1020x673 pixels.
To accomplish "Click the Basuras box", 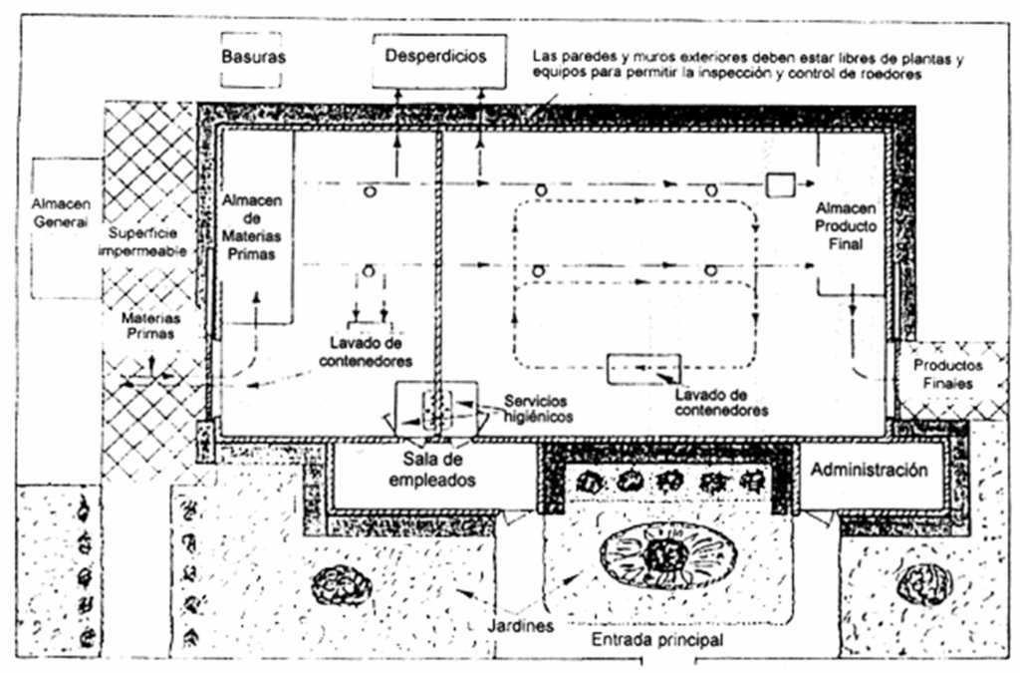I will tap(253, 57).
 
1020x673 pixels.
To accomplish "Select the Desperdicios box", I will tap(436, 56).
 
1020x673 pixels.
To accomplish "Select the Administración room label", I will tap(874, 470).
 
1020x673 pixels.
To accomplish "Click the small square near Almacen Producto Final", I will tap(780, 184).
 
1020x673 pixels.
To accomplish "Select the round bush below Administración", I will tap(922, 583).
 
